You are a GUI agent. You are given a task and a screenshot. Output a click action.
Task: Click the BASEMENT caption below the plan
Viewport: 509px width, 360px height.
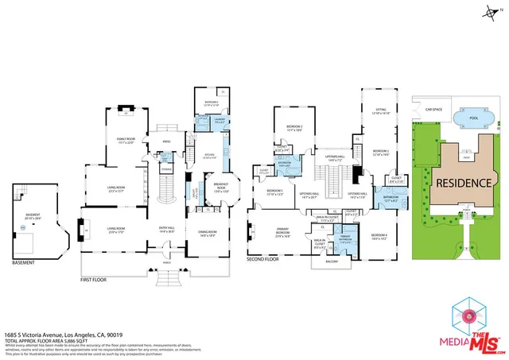24,261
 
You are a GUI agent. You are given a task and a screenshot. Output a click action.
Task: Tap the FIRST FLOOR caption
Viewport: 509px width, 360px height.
94,281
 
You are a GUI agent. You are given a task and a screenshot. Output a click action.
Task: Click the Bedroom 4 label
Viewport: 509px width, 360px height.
379,235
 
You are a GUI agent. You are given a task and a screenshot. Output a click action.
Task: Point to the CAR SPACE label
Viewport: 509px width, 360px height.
433,110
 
